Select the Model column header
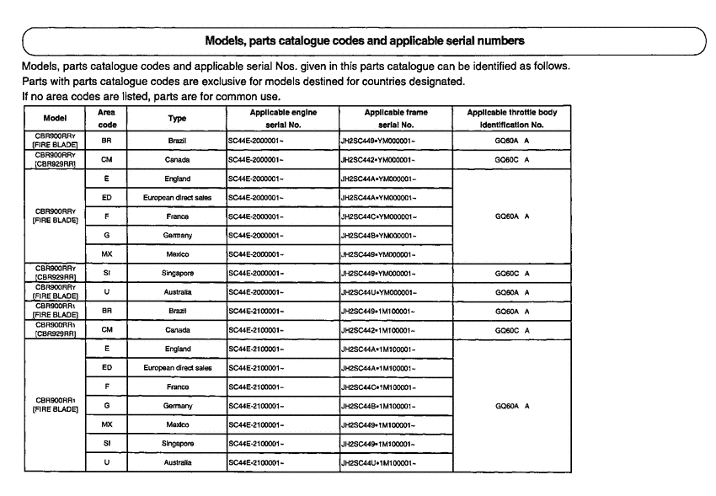click(55, 117)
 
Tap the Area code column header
click(107, 117)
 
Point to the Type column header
click(178, 117)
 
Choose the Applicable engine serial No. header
click(282, 117)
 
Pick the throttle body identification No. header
click(512, 117)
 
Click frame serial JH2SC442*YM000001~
click(386, 158)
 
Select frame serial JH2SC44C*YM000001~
click(387, 216)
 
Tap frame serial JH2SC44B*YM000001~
click(387, 236)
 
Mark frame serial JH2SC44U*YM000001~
click(387, 292)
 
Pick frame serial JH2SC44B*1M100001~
click(387, 406)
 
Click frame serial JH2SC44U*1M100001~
click(387, 462)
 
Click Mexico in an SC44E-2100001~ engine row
click(177, 424)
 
